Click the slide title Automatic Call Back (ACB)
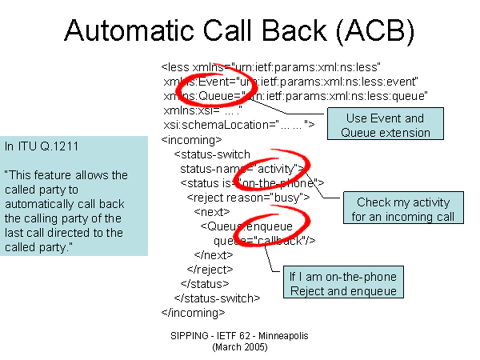coord(240,31)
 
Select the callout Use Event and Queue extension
coord(385,125)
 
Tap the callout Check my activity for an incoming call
coord(402,210)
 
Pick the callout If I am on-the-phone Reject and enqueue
coord(342,284)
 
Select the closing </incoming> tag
coord(193,312)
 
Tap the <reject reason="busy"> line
coord(248,197)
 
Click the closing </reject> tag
coord(209,269)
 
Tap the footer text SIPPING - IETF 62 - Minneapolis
coord(239,336)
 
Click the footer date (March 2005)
coord(239,348)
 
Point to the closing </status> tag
coord(205,283)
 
